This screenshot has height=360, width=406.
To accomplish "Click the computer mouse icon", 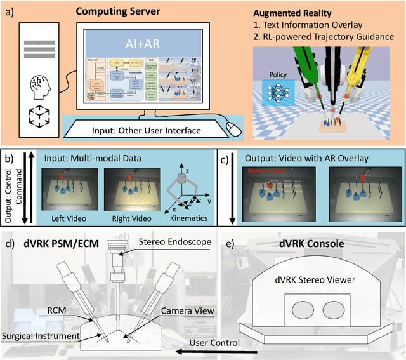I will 234,130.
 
